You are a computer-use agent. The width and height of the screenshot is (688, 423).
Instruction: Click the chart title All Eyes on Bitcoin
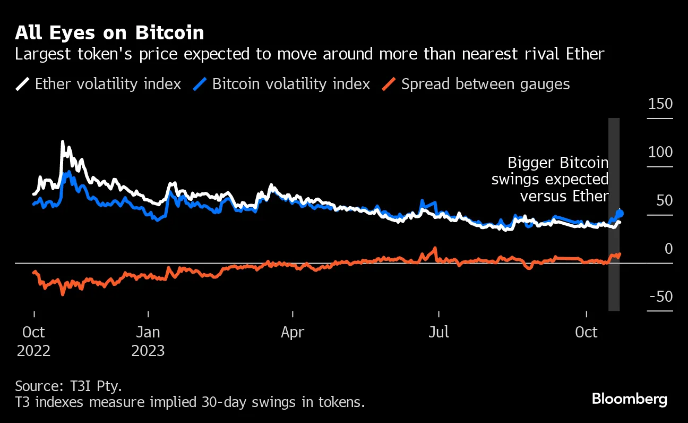[109, 33]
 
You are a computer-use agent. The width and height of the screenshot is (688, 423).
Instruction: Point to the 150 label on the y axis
[660, 104]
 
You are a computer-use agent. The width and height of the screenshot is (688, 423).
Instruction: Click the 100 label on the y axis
[660, 153]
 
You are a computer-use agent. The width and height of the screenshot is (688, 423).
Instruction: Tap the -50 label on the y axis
[661, 297]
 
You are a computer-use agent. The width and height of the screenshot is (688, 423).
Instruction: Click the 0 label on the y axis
[668, 249]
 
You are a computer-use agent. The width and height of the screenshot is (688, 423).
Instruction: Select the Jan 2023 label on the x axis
[148, 341]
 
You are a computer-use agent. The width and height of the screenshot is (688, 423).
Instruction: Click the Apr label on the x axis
[293, 333]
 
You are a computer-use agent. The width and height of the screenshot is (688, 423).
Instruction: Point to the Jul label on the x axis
[438, 333]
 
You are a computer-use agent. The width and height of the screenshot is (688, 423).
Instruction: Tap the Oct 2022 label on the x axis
[33, 341]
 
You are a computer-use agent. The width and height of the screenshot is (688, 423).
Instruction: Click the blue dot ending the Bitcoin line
[620, 214]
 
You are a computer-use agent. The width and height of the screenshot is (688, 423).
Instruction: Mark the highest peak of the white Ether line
[63, 142]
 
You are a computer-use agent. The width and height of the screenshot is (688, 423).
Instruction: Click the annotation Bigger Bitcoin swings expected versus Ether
[550, 179]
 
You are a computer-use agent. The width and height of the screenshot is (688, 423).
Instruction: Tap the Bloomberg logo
[630, 399]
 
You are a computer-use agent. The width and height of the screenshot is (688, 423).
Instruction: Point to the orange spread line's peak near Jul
[435, 248]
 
